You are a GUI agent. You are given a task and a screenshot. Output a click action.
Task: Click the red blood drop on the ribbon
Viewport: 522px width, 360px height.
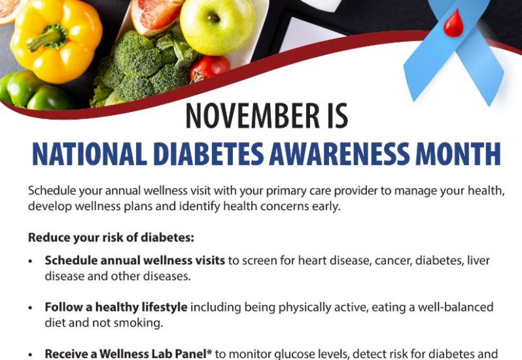tap(454, 24)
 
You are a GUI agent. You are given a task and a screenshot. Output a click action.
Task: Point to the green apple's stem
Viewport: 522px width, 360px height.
tap(213, 18)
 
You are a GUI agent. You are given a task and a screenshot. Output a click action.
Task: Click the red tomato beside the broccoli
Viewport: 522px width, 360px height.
tap(209, 68)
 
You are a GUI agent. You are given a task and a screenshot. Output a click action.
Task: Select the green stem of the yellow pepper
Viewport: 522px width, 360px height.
tap(48, 37)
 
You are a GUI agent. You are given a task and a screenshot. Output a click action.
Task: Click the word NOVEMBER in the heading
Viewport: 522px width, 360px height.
tap(252, 116)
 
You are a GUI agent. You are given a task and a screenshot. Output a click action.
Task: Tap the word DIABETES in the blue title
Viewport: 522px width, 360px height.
tap(209, 154)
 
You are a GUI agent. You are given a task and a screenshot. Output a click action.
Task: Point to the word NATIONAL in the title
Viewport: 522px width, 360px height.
tap(90, 154)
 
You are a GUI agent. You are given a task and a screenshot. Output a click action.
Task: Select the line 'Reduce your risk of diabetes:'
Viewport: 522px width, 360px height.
tap(111, 238)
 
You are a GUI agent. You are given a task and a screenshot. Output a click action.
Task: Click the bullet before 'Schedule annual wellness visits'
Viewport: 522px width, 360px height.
tap(31, 261)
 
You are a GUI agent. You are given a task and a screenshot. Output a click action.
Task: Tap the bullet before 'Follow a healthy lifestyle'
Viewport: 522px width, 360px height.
tap(31, 308)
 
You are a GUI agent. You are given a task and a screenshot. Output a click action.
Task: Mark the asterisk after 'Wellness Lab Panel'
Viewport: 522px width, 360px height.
tap(209, 351)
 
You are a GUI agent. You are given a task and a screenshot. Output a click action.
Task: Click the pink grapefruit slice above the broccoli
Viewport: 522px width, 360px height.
tap(156, 16)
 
